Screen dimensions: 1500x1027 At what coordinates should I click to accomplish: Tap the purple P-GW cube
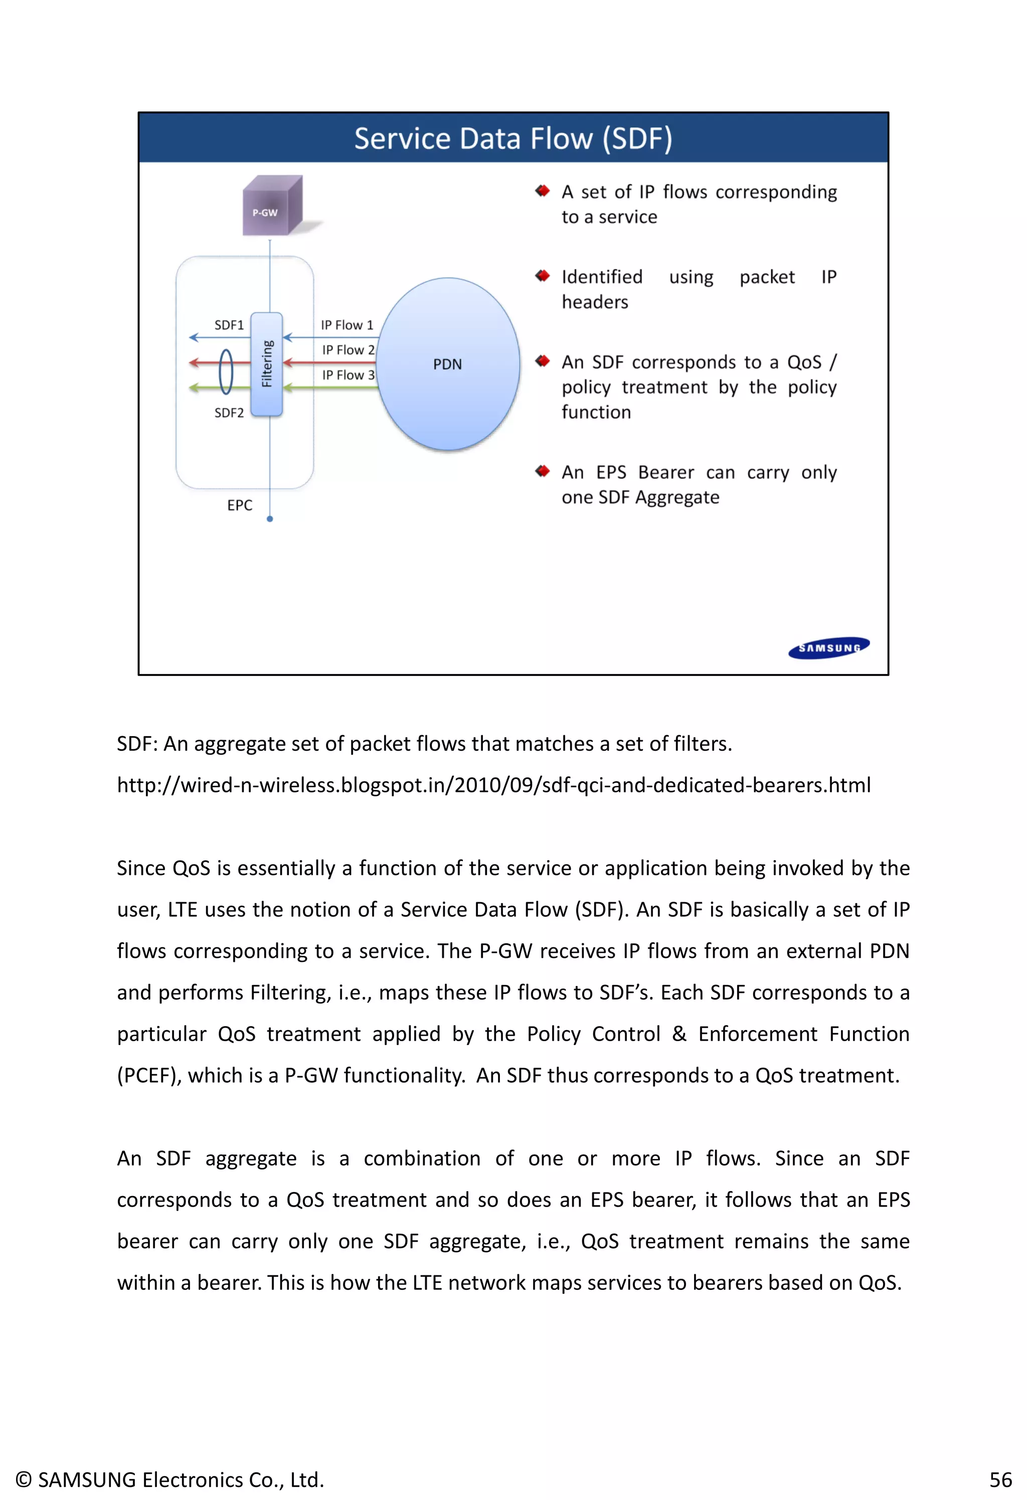[x=272, y=207]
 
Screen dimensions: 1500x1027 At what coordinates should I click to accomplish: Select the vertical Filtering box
[x=267, y=364]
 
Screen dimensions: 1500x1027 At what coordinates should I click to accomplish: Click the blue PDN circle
[x=448, y=364]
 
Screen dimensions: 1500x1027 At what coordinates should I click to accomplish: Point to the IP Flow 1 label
[x=347, y=325]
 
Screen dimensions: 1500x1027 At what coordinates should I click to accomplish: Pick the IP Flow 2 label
[x=348, y=350]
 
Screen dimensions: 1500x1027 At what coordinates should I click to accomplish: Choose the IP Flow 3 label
[x=348, y=375]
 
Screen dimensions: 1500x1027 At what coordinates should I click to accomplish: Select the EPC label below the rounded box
[x=240, y=506]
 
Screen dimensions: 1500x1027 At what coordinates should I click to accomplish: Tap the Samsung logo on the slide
[x=829, y=647]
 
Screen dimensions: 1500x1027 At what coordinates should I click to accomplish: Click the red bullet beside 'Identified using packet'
[x=542, y=276]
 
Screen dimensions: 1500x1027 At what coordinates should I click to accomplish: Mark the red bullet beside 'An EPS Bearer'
[x=542, y=471]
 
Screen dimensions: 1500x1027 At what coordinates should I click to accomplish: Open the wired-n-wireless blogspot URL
[x=493, y=785]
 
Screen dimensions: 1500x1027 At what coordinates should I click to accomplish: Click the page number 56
[x=1000, y=1479]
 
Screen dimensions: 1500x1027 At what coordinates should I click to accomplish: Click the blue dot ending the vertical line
[x=270, y=519]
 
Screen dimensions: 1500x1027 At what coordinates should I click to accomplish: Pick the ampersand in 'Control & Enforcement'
[x=679, y=1034]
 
